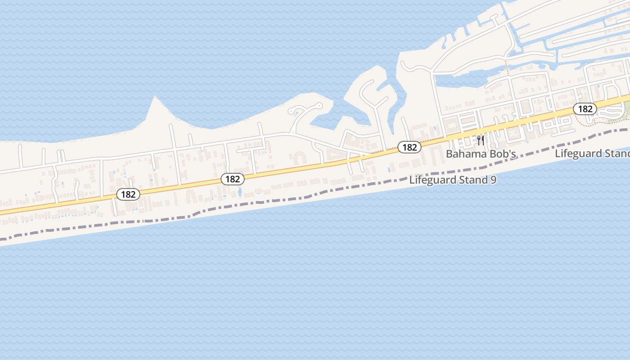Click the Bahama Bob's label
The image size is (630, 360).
click(480, 154)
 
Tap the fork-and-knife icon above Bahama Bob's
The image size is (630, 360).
click(481, 140)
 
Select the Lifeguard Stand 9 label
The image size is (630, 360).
click(453, 180)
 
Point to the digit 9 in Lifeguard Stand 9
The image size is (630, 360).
click(493, 180)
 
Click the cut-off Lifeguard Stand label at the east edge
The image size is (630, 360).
click(592, 153)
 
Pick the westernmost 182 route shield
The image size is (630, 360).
click(128, 194)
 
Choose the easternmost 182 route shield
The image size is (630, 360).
click(585, 109)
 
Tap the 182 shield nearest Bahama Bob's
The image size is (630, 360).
click(409, 147)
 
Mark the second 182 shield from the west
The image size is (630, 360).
click(233, 179)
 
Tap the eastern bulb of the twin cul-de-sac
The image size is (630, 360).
click(319, 106)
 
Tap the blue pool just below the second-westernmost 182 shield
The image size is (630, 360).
click(239, 192)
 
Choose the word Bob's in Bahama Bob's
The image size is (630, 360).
click(502, 154)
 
